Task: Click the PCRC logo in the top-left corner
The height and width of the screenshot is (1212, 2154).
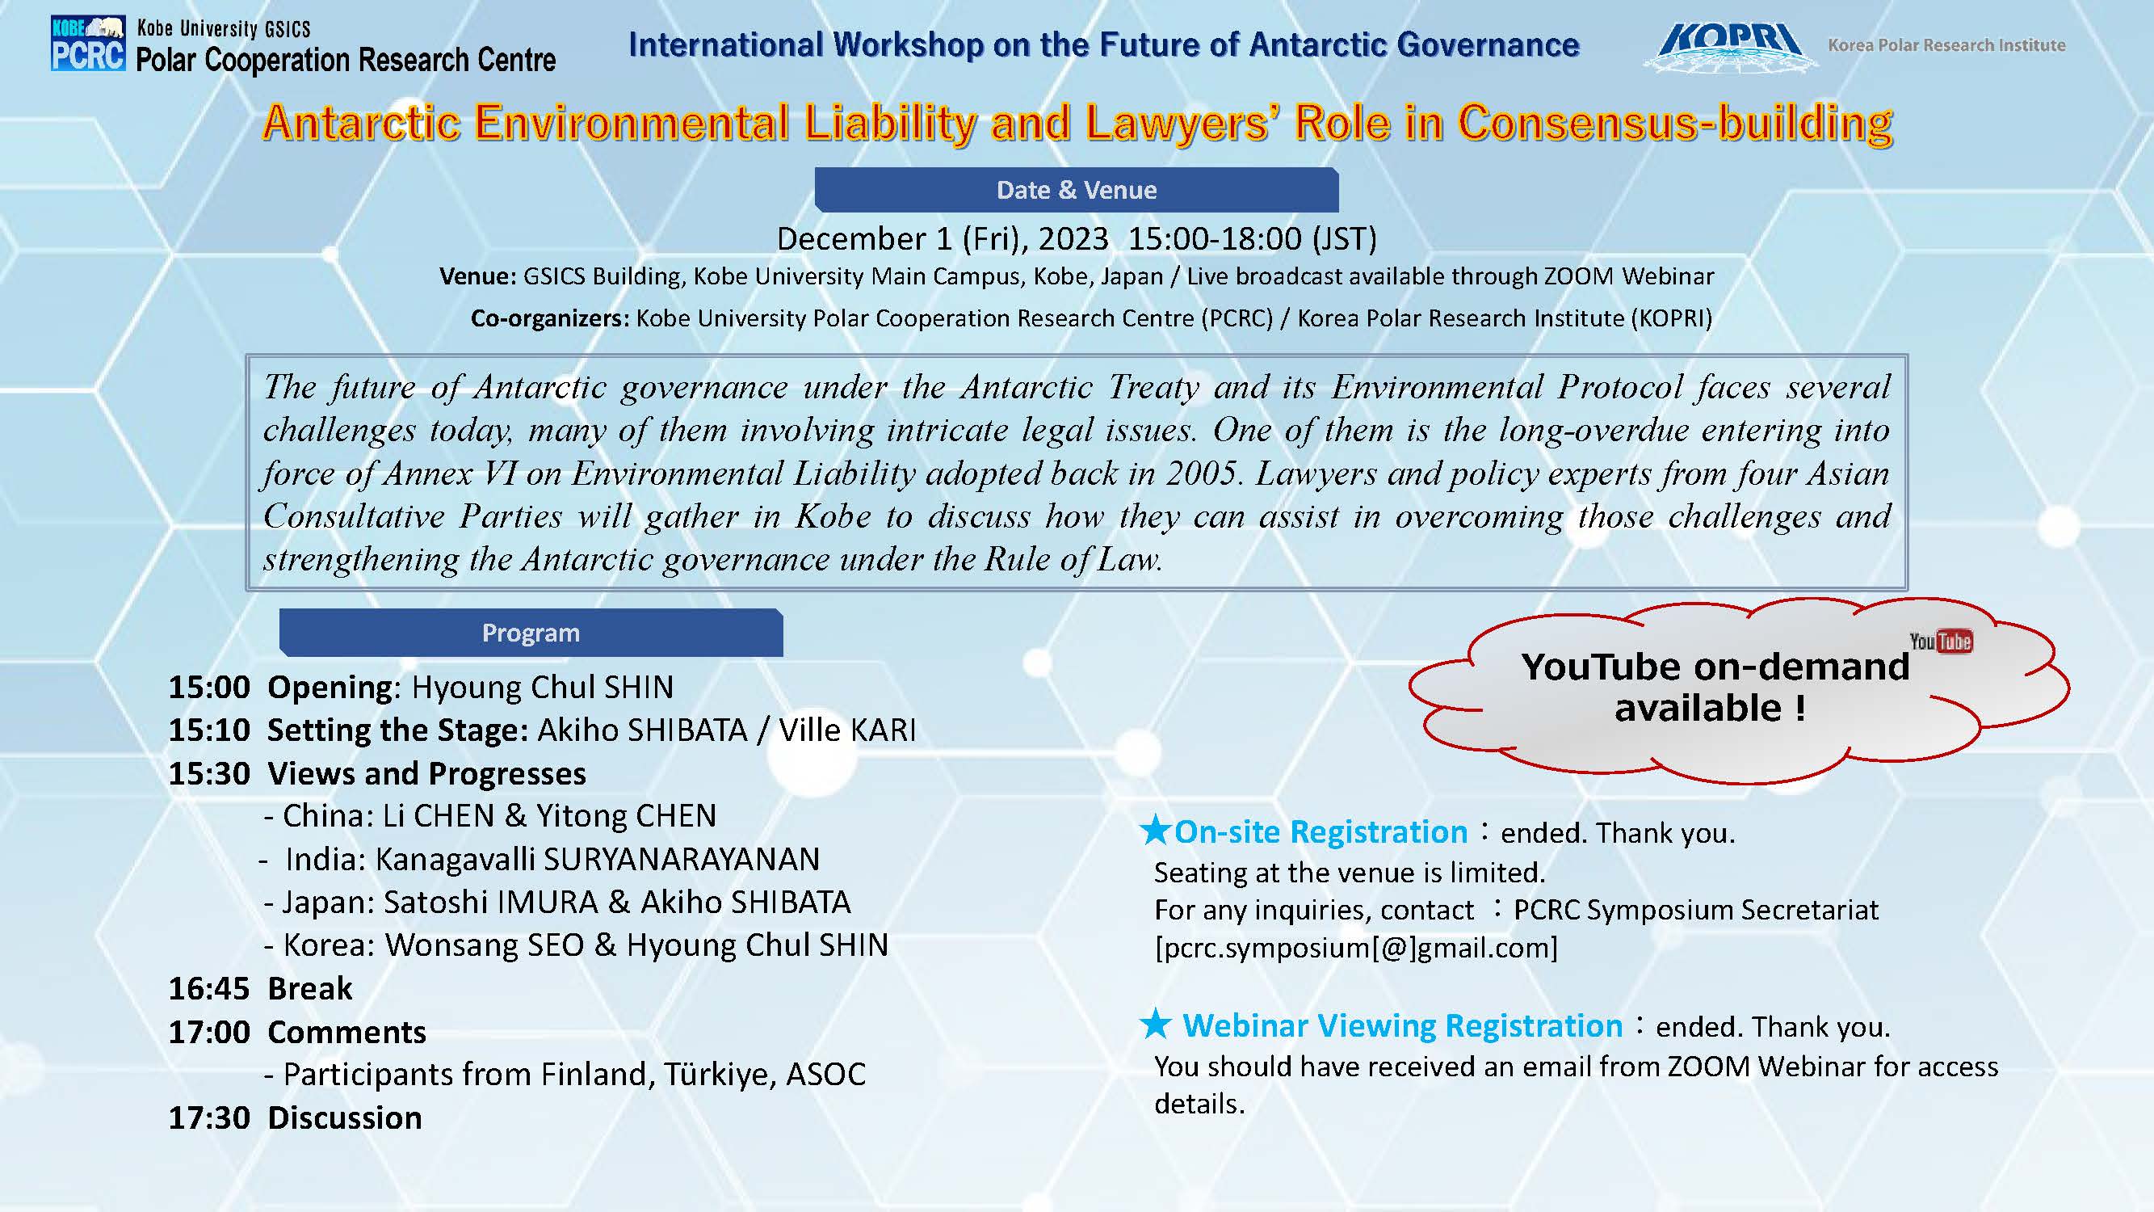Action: tap(88, 44)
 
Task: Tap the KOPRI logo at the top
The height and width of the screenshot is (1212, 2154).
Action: tap(1729, 45)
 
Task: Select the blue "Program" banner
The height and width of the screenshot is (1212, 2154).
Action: tap(531, 633)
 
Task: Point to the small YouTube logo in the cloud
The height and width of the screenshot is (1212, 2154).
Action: tap(1941, 642)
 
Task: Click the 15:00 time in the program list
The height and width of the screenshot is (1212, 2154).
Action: tap(209, 687)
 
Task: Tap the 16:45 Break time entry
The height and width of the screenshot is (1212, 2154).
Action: tap(209, 989)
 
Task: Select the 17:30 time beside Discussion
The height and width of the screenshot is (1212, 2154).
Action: tap(209, 1117)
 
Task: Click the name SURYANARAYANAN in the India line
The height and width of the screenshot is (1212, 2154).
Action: tap(682, 859)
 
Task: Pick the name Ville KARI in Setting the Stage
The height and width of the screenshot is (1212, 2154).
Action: tap(847, 730)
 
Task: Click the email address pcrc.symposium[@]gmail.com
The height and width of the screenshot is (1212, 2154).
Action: tap(1356, 948)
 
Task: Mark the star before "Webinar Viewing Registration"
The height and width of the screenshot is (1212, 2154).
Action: tap(1156, 1023)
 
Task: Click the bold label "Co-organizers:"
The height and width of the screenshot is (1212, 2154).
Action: tap(549, 318)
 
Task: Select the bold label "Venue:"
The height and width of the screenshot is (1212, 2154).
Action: tap(477, 276)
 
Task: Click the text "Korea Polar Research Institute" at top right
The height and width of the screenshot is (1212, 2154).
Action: tap(1946, 45)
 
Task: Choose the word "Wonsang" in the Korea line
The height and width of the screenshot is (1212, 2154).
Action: tap(484, 945)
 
